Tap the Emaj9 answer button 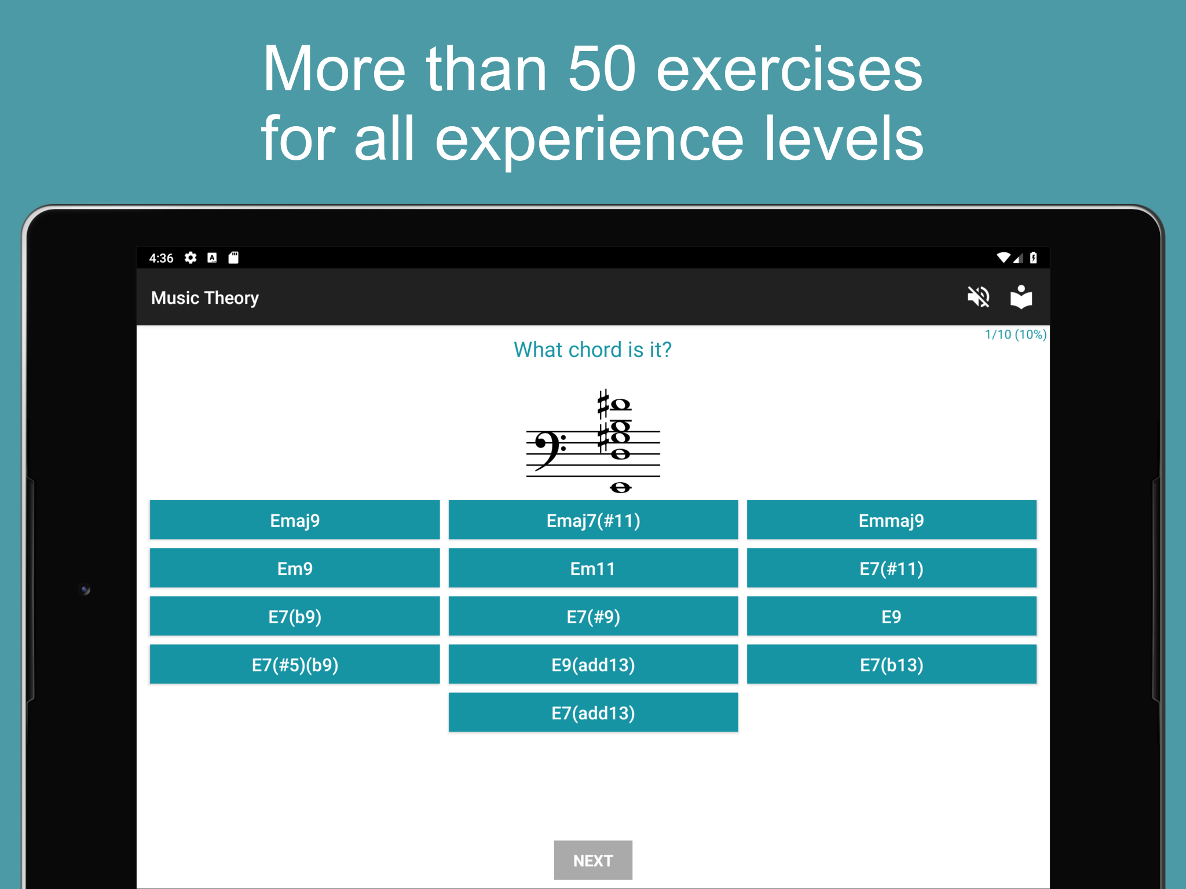pyautogui.click(x=295, y=520)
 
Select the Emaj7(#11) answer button pyautogui.click(x=593, y=520)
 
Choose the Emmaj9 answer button pyautogui.click(x=892, y=520)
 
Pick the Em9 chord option pyautogui.click(x=295, y=568)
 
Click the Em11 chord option pyautogui.click(x=593, y=568)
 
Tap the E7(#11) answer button pyautogui.click(x=892, y=568)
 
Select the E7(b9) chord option pyautogui.click(x=295, y=616)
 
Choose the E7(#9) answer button pyautogui.click(x=593, y=616)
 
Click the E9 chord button pyautogui.click(x=892, y=616)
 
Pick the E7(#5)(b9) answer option pyautogui.click(x=295, y=664)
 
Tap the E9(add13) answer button pyautogui.click(x=593, y=664)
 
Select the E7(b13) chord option pyautogui.click(x=892, y=664)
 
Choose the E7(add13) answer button pyautogui.click(x=593, y=712)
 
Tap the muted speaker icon pyautogui.click(x=978, y=297)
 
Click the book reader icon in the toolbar pyautogui.click(x=1021, y=297)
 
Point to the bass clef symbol pyautogui.click(x=550, y=450)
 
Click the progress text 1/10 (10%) pyautogui.click(x=1015, y=335)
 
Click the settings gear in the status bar pyautogui.click(x=191, y=258)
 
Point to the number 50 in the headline pyautogui.click(x=602, y=69)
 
